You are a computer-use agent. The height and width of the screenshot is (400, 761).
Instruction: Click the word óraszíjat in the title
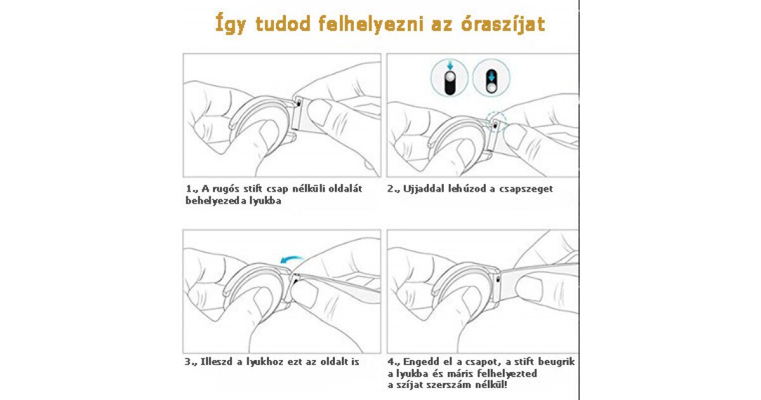click(503, 24)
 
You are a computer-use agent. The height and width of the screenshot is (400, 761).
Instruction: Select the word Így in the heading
click(230, 24)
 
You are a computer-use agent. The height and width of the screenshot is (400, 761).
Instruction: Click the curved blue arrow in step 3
click(292, 260)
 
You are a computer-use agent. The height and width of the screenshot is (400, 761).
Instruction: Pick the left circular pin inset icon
click(449, 78)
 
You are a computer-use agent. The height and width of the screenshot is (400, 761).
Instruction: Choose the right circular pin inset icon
click(491, 78)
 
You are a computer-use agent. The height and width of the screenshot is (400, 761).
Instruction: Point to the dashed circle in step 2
click(496, 121)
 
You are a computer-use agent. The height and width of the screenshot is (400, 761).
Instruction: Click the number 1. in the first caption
click(191, 189)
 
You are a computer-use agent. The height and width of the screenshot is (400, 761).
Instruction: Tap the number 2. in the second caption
click(393, 189)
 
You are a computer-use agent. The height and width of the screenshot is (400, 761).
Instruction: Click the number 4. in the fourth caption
click(393, 362)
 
